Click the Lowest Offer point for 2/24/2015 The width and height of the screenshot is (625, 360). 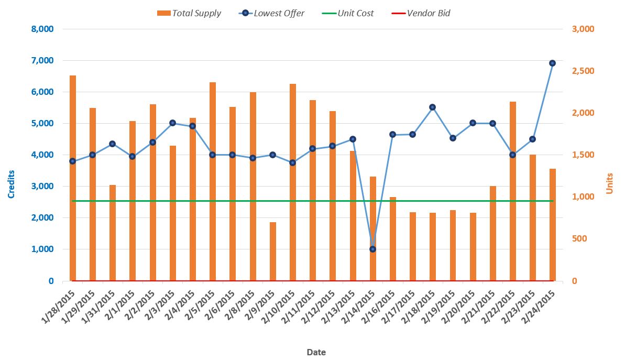coord(552,63)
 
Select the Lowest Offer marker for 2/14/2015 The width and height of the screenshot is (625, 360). coord(372,249)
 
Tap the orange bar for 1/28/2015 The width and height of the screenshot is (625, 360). coord(73,178)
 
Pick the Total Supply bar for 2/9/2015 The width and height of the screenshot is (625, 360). coord(273,252)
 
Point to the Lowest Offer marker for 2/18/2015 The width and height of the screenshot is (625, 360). coord(432,107)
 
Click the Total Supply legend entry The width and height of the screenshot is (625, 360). coord(190,13)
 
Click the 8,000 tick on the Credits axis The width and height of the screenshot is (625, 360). coord(43,29)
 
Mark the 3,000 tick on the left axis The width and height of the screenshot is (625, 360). coord(43,187)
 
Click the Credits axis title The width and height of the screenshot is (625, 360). coord(12,184)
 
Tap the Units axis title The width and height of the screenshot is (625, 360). coord(609,184)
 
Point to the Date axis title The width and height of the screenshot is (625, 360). coord(316,352)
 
